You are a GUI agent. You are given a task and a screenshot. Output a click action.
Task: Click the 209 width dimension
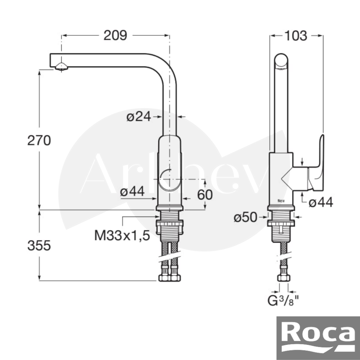click(115, 36)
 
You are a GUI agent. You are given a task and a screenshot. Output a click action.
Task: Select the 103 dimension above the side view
click(296, 36)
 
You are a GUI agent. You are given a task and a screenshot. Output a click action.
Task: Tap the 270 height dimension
click(39, 140)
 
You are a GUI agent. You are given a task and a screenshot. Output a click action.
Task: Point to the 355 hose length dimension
click(39, 246)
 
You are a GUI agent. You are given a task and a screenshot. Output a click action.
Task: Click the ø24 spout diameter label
click(139, 117)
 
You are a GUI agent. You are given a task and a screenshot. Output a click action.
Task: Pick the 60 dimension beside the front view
click(205, 195)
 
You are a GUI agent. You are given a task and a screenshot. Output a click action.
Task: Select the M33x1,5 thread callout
click(122, 235)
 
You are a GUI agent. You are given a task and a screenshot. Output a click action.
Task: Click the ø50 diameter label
click(245, 217)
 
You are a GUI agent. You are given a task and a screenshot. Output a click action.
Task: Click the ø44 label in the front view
click(132, 191)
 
